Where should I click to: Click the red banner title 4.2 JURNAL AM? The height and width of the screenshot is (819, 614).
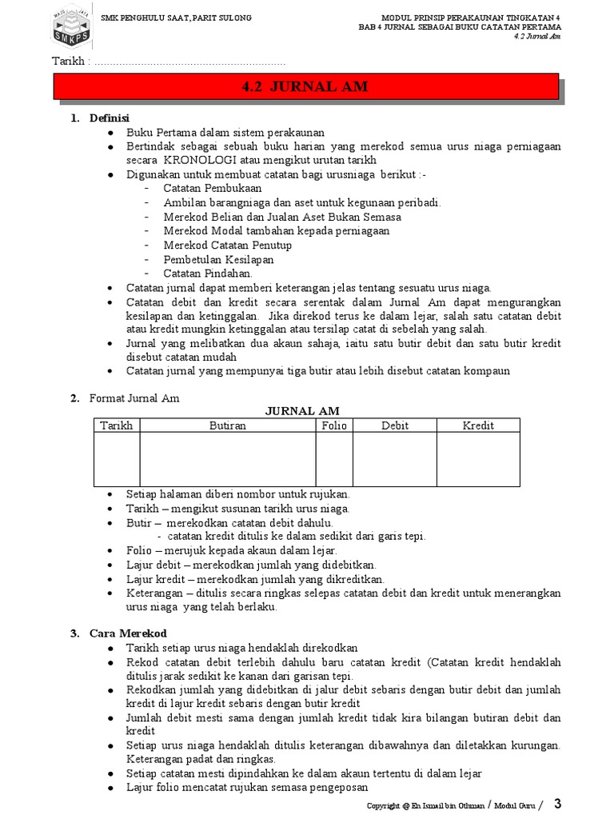305,87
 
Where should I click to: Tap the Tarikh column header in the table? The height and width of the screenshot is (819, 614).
117,425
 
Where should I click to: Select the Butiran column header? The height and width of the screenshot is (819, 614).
227,425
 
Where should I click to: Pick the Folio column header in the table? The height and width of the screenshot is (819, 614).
334,425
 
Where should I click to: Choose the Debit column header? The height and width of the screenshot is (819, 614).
395,425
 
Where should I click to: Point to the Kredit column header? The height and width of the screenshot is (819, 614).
478,425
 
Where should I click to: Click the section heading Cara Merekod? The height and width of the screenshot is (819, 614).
122,633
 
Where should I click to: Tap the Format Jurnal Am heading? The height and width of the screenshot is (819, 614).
134,398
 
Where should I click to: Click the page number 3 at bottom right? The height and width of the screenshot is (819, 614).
558,802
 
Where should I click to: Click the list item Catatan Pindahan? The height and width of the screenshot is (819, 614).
197,273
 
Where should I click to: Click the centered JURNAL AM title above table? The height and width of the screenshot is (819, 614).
308,411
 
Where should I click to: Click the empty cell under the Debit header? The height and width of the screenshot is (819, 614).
395,459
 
